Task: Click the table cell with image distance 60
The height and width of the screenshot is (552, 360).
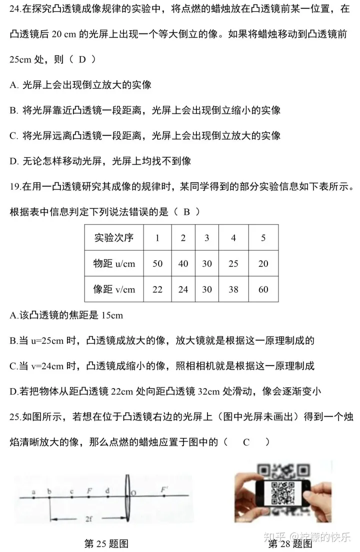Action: (x=263, y=289)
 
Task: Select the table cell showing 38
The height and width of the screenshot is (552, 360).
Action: (x=233, y=289)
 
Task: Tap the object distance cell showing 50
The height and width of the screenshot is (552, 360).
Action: (x=157, y=264)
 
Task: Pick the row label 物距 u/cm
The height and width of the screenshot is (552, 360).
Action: (x=114, y=264)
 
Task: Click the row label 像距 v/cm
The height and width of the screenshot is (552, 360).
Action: (x=114, y=289)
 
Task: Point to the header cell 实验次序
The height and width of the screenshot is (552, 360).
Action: (x=114, y=237)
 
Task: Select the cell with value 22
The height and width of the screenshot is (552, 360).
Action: (x=157, y=289)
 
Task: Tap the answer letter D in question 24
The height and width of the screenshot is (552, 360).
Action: (x=82, y=59)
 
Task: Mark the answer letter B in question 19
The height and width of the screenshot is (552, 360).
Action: (x=186, y=211)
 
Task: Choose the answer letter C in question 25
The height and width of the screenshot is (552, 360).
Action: (x=246, y=442)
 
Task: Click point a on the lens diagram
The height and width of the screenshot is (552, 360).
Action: (x=33, y=493)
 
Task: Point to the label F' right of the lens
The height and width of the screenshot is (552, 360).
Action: (x=163, y=490)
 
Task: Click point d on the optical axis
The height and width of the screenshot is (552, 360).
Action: (x=107, y=492)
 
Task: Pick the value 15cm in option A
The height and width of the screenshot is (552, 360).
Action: (x=112, y=316)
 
